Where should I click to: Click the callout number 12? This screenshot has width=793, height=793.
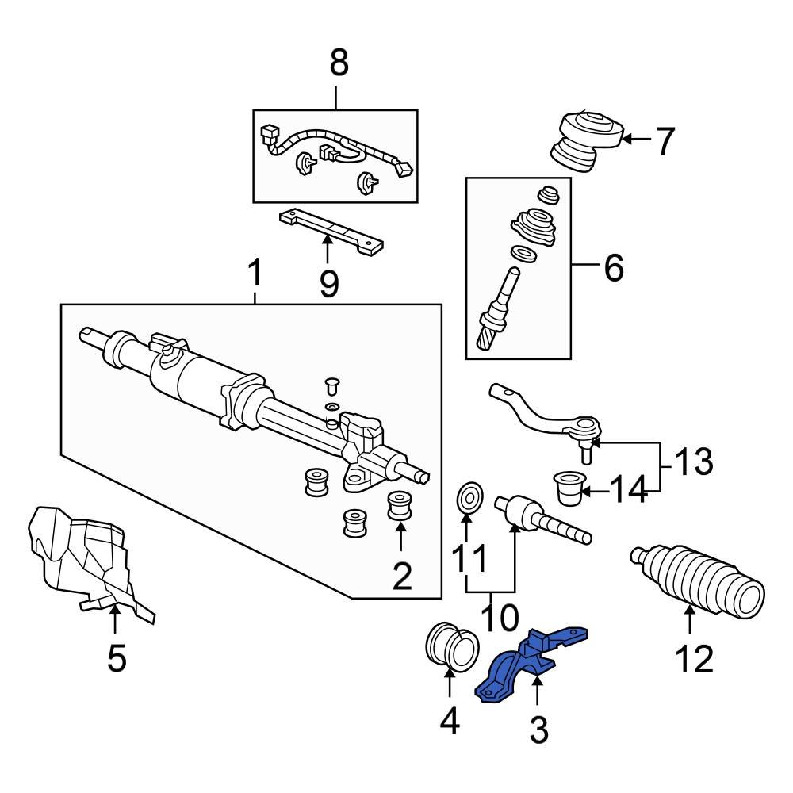(694, 658)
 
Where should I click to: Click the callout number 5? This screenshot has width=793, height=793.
(117, 658)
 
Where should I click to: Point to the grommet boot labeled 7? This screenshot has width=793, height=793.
(585, 140)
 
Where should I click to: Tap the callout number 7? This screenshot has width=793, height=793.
(664, 142)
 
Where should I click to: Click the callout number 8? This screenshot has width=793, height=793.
(339, 63)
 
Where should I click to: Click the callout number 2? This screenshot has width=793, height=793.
(402, 577)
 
